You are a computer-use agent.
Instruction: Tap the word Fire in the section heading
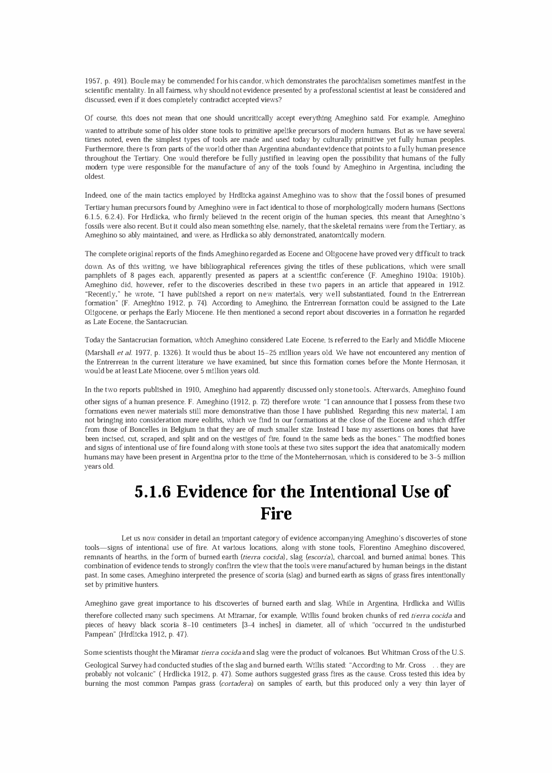[275, 514]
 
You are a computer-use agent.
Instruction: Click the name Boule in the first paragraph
[140, 81]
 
